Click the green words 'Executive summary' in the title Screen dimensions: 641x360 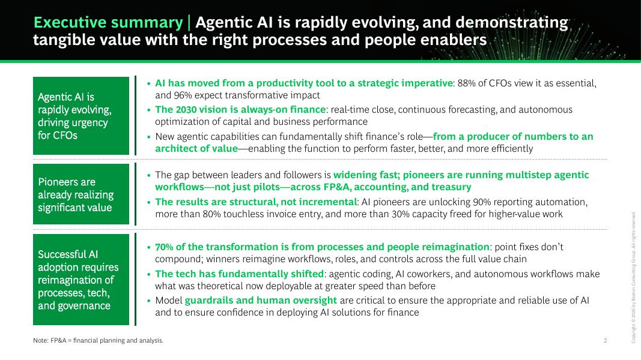108,22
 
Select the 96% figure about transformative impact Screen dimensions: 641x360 183,95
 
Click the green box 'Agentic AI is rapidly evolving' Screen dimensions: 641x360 81,116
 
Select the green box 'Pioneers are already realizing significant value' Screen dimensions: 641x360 81,194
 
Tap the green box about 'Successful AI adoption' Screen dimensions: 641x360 81,280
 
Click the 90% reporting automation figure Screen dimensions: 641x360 482,202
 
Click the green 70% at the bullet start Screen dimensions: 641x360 164,247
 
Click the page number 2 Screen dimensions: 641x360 606,340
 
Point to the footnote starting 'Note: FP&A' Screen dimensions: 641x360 98,340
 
